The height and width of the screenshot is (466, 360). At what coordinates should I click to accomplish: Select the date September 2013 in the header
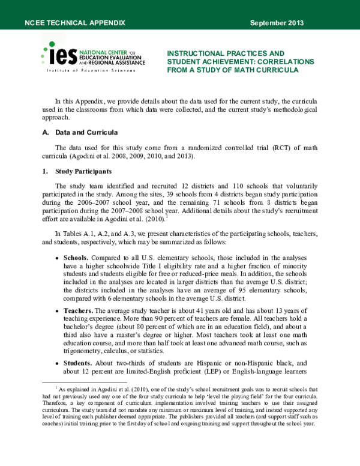[277, 23]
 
